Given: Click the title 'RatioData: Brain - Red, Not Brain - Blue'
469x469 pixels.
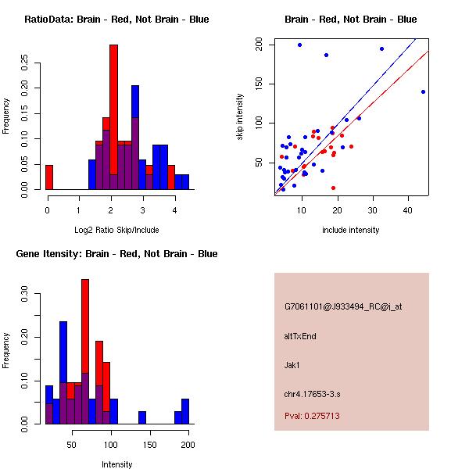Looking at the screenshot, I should pos(116,20).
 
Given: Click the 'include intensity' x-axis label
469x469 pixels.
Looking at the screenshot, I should pos(351,230).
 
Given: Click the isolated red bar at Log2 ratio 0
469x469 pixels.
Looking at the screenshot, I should pos(49,177).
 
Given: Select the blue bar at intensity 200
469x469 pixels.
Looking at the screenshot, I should pos(185,411).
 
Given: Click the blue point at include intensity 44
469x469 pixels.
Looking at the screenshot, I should pos(423,91).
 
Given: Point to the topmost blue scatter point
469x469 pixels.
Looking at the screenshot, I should pos(299,45).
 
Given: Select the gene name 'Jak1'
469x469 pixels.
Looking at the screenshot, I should pos(292,364).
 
